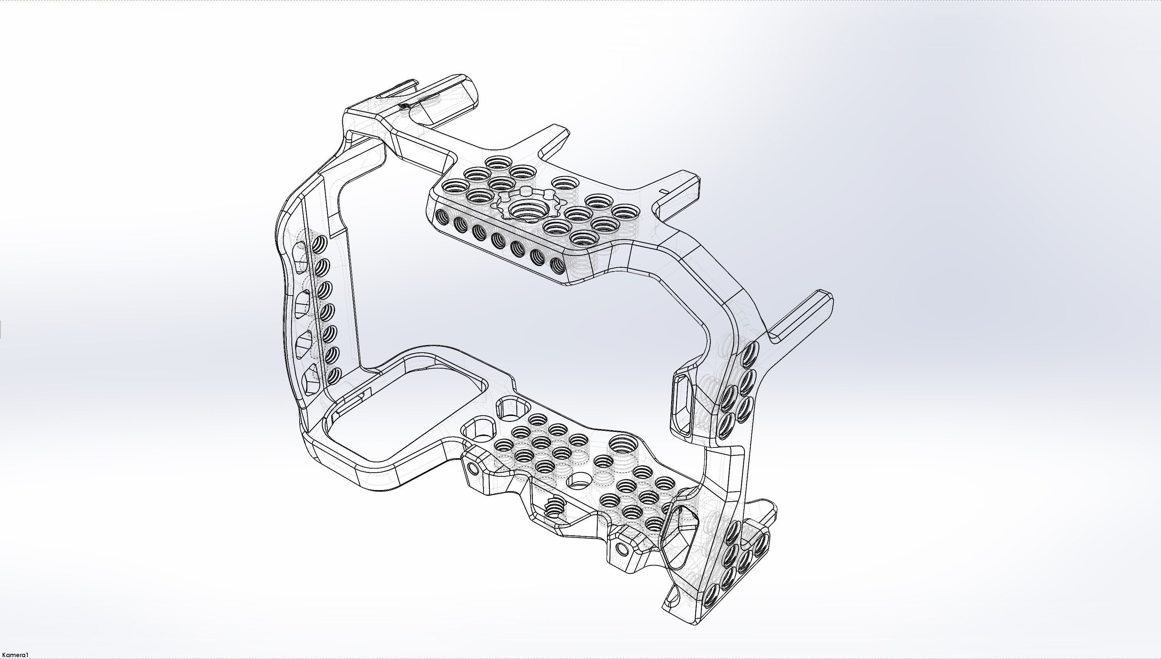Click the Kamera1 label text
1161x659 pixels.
click(x=15, y=655)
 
